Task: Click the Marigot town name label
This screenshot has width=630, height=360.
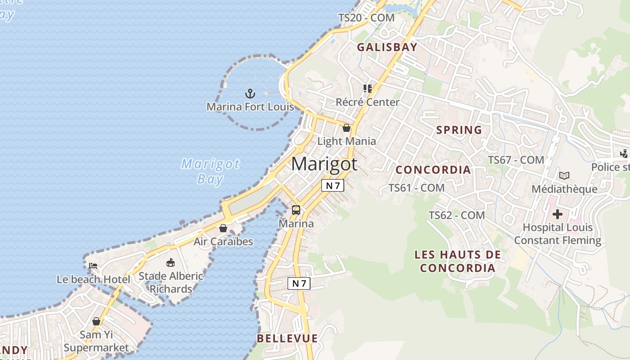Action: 324,164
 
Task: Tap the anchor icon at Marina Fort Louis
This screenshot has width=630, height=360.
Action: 250,94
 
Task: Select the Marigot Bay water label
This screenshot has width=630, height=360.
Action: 210,171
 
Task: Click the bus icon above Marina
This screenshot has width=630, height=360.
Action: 296,210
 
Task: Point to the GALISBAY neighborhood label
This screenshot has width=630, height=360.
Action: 387,47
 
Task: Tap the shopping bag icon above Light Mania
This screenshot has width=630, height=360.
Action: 346,128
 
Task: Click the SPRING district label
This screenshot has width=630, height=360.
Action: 459,130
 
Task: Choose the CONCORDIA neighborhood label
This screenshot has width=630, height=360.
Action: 433,170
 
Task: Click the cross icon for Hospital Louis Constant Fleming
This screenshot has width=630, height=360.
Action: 558,214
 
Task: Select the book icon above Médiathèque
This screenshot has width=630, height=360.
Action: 564,175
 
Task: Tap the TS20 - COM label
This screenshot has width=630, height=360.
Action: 366,18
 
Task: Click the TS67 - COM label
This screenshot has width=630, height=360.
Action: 516,160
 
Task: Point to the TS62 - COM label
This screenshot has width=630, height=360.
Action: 457,216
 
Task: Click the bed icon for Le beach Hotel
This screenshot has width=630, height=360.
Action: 93,265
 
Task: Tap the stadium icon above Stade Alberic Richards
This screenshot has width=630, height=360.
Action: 171,262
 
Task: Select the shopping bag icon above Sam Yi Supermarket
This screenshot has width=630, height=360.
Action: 96,321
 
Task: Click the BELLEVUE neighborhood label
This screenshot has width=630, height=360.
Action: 287,338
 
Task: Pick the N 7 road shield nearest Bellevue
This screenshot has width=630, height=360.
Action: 299,283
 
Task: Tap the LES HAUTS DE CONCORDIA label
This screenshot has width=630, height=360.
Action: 458,261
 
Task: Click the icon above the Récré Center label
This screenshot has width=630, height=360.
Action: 368,89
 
